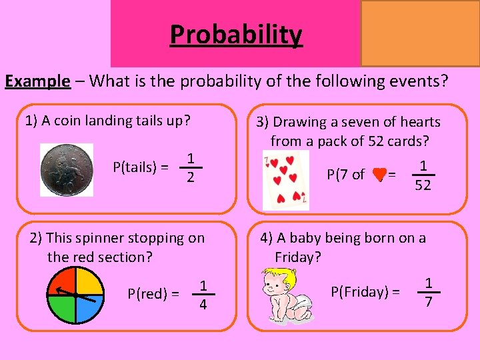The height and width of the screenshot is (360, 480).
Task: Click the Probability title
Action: click(x=235, y=34)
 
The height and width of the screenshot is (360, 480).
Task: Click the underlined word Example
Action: click(x=37, y=81)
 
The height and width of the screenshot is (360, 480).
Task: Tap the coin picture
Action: click(x=67, y=169)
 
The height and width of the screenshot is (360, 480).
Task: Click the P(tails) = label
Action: click(x=140, y=167)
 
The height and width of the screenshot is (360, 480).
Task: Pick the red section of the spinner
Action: click(x=63, y=281)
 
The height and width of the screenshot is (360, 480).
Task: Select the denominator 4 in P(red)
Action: click(x=203, y=304)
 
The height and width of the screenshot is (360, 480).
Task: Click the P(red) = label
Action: click(x=153, y=293)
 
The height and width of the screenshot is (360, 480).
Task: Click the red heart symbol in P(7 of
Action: click(x=379, y=175)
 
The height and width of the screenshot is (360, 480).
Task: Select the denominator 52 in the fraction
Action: click(x=423, y=186)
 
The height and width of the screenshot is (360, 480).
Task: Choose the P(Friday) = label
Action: click(x=365, y=291)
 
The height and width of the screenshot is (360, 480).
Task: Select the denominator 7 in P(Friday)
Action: click(x=429, y=303)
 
